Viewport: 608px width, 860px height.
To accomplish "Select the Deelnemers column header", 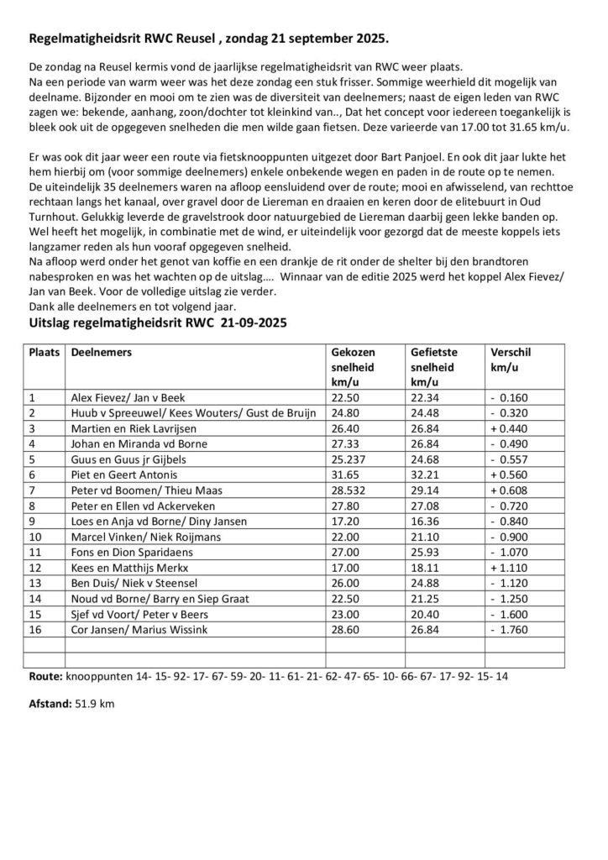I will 102,354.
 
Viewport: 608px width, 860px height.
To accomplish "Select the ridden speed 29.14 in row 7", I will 425,489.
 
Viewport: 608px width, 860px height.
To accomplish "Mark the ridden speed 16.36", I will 425,519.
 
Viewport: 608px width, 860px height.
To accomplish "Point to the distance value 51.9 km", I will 94,704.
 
